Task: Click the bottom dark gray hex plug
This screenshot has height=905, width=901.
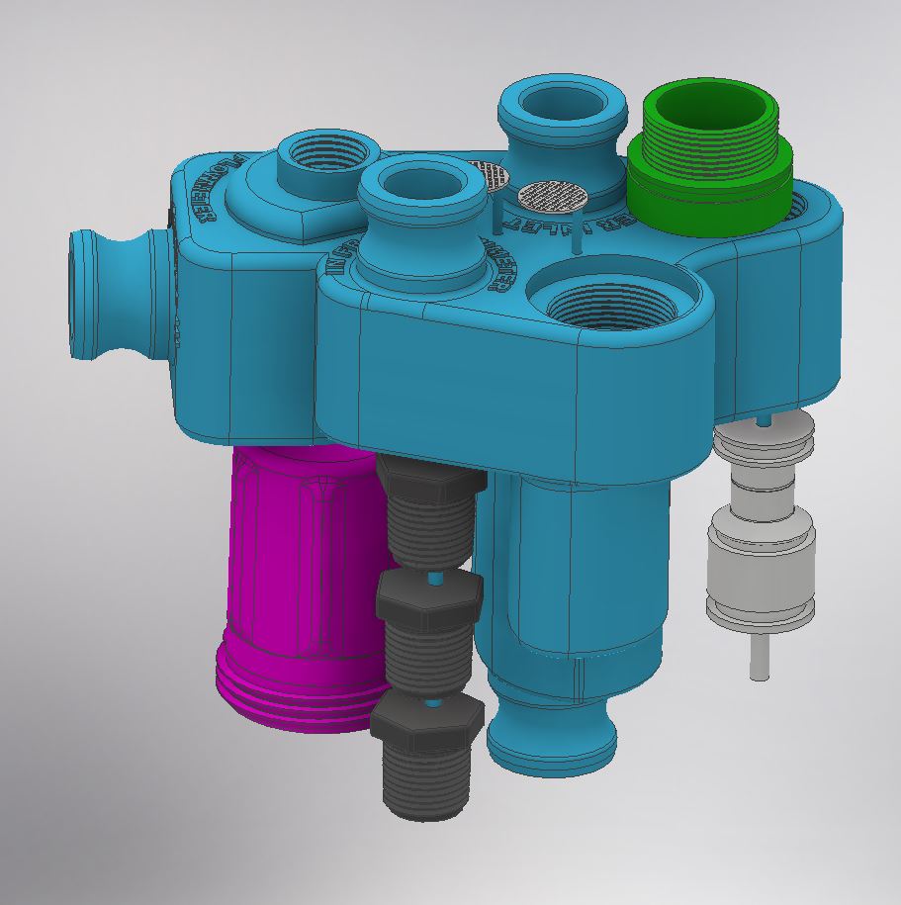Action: coord(427,752)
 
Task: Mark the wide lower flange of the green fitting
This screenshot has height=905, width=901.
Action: coord(708,198)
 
